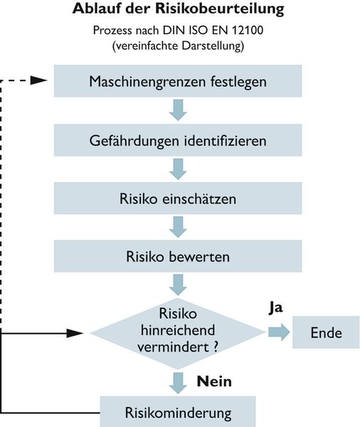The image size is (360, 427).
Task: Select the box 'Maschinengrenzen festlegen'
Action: (x=178, y=81)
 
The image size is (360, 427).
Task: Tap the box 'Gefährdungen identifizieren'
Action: (x=178, y=140)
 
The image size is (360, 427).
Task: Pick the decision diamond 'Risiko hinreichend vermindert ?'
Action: (x=177, y=332)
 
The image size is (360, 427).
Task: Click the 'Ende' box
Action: (x=326, y=332)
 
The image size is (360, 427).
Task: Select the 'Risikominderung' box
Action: (x=178, y=411)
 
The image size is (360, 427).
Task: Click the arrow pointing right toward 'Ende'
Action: (x=278, y=332)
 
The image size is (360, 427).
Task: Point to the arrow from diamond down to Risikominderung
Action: (x=178, y=380)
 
